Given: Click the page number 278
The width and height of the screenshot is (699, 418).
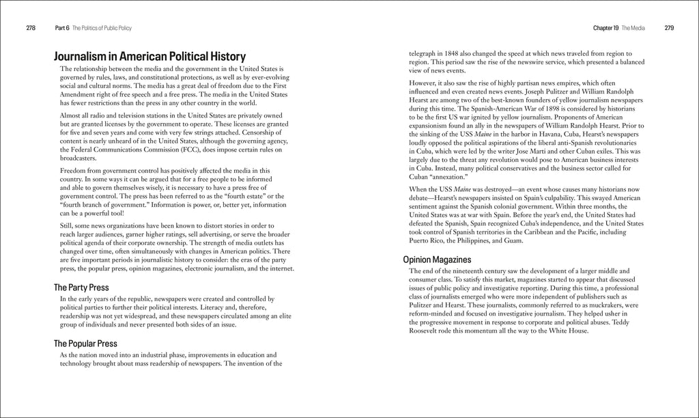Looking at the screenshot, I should click(30, 28).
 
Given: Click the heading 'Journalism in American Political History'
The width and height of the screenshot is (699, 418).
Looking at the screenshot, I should click(149, 57).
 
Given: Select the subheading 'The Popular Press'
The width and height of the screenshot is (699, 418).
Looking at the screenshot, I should click(85, 344).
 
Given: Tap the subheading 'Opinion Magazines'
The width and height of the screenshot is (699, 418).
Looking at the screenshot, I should click(436, 260).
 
